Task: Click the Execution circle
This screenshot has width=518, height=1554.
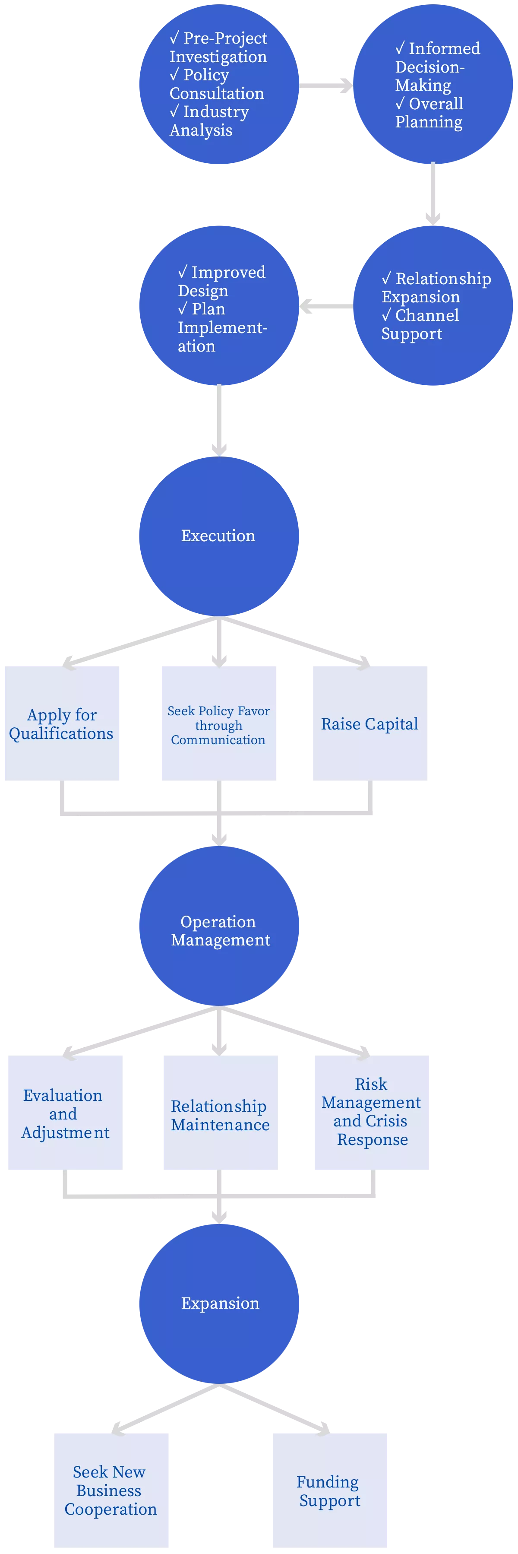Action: click(219, 536)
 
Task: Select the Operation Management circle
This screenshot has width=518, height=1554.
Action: click(219, 926)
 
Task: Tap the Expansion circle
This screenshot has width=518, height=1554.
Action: click(219, 1303)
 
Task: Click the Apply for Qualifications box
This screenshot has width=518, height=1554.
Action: click(62, 723)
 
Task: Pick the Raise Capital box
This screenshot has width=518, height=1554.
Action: click(370, 723)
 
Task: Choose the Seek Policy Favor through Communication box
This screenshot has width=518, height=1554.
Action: click(219, 723)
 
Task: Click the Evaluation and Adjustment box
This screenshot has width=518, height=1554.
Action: click(65, 1113)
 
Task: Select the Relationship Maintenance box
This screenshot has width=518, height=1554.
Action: click(221, 1113)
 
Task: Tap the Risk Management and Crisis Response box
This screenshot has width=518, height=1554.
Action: click(372, 1113)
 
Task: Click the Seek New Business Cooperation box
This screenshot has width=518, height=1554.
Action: click(111, 1490)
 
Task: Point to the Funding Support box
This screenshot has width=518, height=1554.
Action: click(330, 1490)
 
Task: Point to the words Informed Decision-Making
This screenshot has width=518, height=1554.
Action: click(437, 67)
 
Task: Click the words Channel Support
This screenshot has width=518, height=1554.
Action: click(420, 324)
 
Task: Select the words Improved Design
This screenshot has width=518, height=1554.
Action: click(221, 281)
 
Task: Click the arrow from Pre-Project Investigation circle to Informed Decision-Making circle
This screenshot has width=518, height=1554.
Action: click(325, 86)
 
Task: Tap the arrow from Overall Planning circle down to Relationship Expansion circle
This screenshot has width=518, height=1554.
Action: click(433, 193)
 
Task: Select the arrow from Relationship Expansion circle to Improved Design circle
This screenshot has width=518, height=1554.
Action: click(326, 307)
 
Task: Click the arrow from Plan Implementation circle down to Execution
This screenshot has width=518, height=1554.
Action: click(219, 420)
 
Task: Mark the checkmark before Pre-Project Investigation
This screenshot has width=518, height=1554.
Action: click(174, 38)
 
